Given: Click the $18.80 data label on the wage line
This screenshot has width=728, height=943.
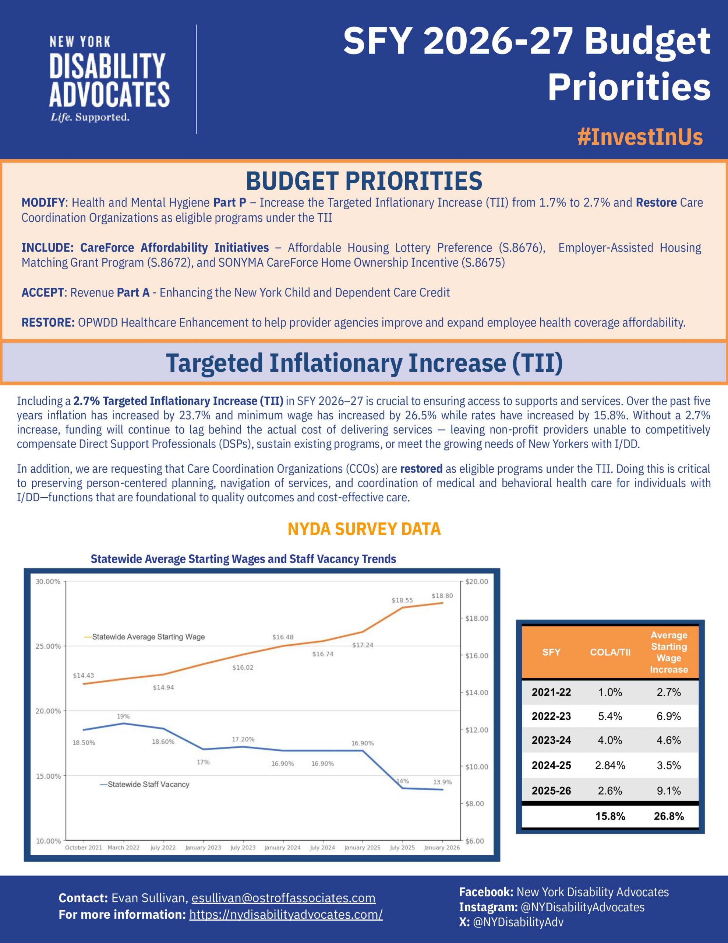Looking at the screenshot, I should pos(442,596).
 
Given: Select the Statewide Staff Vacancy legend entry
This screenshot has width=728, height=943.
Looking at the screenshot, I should pos(148,785).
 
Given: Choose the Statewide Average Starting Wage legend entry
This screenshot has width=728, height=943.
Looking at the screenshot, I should pos(148,637).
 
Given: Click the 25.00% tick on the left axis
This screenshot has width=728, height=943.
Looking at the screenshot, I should pos(48,646).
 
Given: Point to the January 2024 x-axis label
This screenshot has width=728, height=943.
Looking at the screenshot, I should pos(283,848).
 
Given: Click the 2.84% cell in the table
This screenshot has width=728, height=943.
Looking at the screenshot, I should pos(610,765).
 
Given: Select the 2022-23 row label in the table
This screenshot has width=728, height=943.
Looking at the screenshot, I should pos(551,716).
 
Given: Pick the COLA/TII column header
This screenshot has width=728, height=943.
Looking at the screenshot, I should pos(610,652).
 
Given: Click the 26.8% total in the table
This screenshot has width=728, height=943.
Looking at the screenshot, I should pos(668,816).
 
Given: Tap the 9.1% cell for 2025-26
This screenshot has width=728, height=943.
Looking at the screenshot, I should pos(668,790).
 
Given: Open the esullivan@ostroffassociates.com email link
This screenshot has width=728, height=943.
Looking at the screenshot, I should pos(283,898).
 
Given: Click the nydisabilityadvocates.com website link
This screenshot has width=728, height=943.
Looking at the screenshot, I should pos(286,915).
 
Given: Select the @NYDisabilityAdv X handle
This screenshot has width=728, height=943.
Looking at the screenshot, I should pos(518,922).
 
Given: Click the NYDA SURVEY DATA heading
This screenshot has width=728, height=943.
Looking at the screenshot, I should pos(364,529).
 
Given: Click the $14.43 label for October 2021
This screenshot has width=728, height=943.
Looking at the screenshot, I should pos(83,675).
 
